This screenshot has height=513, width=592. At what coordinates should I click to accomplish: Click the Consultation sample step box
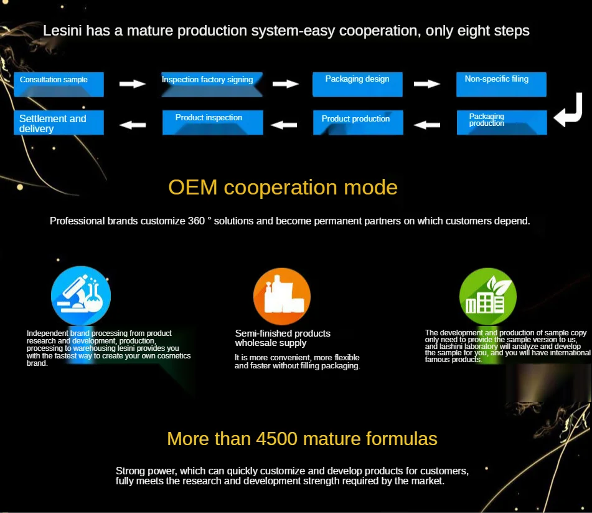pos(59,85)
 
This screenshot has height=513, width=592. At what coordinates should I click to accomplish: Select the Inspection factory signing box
pos(207,85)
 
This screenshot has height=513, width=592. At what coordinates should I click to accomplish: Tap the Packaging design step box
pos(357,85)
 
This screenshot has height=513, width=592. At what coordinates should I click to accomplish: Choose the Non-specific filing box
pos(501,85)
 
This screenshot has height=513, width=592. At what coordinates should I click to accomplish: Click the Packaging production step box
pos(502,122)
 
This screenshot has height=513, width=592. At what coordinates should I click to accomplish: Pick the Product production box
pos(358,122)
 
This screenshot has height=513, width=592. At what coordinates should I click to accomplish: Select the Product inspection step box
pos(212,122)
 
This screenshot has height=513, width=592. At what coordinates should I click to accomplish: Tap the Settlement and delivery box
pos(59,123)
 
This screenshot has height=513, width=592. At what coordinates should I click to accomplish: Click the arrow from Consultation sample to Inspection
pos(132,84)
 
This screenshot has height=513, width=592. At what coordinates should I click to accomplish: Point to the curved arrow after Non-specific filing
pos(568,111)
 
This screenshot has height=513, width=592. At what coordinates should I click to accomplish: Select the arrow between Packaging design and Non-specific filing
pos(427,84)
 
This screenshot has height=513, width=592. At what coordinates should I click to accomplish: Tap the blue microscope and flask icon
pos(81,296)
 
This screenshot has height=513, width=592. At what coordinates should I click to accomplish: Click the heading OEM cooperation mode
pos(283,187)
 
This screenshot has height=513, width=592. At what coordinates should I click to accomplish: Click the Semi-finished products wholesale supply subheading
pos(283,338)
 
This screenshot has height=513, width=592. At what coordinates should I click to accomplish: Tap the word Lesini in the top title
pos(63,31)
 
